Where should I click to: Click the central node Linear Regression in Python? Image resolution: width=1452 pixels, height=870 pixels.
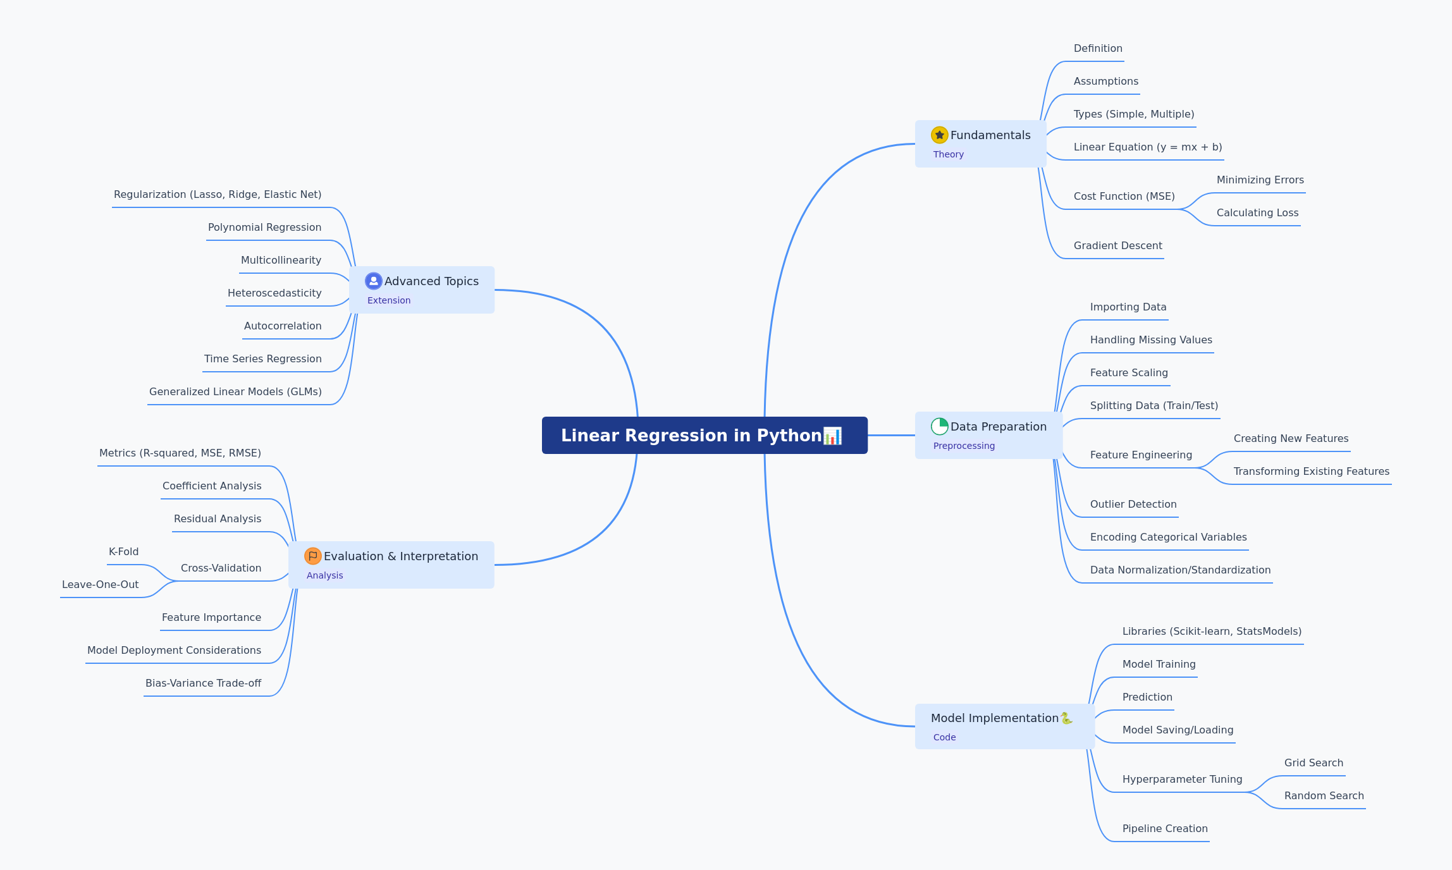[704, 435]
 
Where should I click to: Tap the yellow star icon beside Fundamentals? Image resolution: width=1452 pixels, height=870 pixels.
[939, 135]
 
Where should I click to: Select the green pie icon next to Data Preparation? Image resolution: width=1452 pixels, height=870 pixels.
[939, 426]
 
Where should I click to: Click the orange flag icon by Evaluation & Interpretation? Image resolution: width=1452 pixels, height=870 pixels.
[312, 556]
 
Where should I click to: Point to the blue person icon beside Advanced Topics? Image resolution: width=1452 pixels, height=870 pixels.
[373, 281]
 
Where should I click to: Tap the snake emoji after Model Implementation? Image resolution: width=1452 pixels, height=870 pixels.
[1066, 718]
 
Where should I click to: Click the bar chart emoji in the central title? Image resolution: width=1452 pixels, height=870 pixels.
[832, 436]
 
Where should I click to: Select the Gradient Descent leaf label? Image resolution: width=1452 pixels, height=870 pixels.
[1118, 245]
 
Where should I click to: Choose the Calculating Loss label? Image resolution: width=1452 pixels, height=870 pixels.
[1258, 212]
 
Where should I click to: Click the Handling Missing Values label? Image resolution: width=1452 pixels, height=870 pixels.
[1151, 340]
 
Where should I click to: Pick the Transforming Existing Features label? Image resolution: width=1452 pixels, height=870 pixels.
[1312, 471]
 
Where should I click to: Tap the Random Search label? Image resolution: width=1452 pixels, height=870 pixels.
[1324, 795]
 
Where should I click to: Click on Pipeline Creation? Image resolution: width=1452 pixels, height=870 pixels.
[1165, 828]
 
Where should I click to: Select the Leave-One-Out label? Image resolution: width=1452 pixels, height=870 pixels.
[101, 584]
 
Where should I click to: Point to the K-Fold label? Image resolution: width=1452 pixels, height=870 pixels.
[124, 551]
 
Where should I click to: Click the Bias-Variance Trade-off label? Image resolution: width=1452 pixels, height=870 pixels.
[204, 683]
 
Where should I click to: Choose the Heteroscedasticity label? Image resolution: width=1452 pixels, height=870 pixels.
[274, 293]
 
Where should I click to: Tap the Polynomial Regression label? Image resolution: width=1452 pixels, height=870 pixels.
[264, 227]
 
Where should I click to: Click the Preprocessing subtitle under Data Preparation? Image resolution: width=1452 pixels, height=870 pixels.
[964, 446]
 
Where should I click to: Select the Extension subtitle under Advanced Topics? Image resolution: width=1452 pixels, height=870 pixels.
[389, 300]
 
